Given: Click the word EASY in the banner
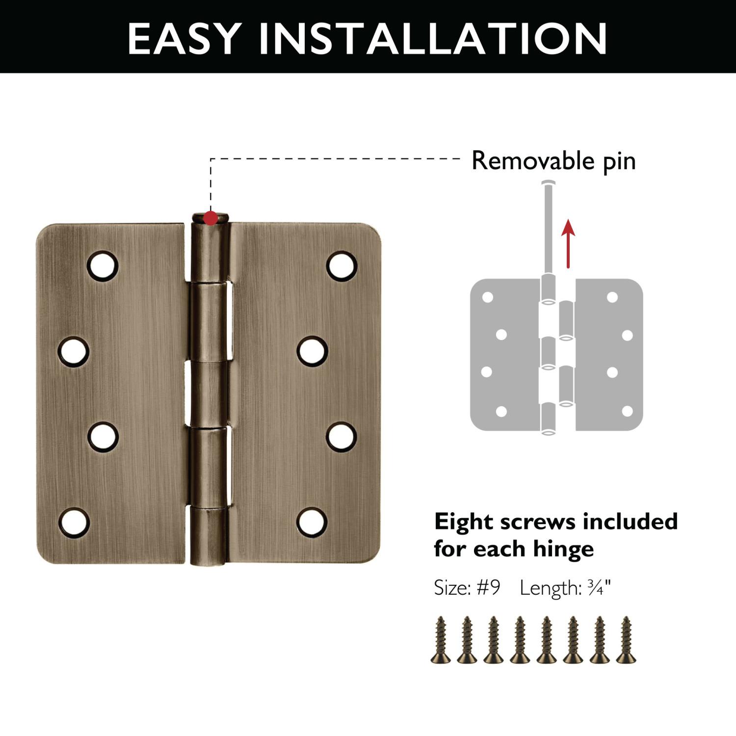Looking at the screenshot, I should (x=184, y=38).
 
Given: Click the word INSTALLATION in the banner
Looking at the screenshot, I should (x=433, y=38).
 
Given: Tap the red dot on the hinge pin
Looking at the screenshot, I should (x=210, y=218).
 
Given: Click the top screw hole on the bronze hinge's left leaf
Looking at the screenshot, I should (x=103, y=265).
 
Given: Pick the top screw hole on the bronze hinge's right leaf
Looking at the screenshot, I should (x=342, y=265).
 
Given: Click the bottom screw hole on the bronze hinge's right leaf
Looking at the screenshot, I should (x=312, y=522).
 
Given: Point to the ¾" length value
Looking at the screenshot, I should (x=599, y=587).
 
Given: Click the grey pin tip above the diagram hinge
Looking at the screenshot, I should (x=549, y=184).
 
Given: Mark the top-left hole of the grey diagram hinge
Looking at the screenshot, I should (x=488, y=297).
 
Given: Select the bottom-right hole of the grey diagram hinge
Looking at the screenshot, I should (x=627, y=411).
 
